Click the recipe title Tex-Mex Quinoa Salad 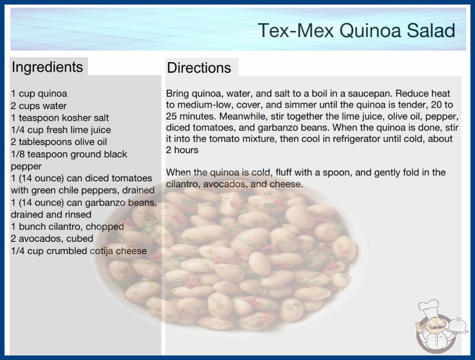[356, 30]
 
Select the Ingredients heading [47, 67]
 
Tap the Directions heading [199, 68]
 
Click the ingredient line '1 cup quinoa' [39, 94]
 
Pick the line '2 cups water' [39, 106]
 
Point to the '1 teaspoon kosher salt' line [59, 118]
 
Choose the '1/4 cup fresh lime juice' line [61, 130]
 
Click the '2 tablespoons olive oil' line [59, 142]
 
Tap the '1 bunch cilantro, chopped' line [67, 226]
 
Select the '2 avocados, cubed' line [52, 239]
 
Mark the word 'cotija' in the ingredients [101, 251]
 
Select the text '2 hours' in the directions [182, 150]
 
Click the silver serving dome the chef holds [457, 325]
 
